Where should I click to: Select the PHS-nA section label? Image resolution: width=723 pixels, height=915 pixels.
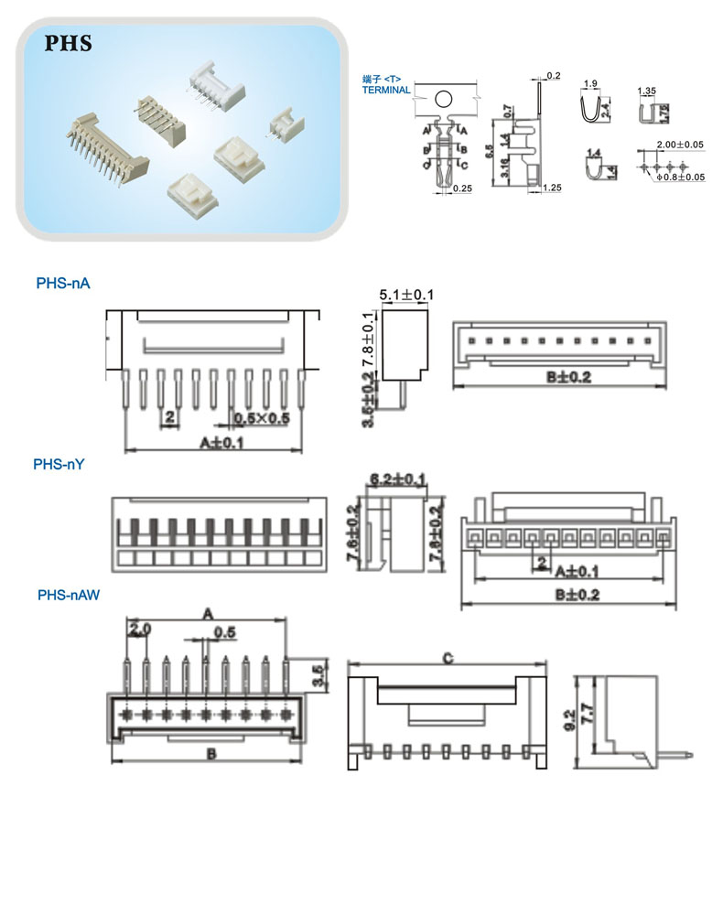63,284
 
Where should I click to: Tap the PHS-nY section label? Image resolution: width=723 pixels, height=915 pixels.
59,464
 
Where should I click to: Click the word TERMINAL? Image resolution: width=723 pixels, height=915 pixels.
386,91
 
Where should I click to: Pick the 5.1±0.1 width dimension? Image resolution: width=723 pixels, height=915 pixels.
405,295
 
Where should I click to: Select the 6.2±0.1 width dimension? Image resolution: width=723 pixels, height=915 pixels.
396,479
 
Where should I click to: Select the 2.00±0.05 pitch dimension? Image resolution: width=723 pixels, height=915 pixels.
680,145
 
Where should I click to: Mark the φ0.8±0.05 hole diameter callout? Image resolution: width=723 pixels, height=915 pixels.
682,177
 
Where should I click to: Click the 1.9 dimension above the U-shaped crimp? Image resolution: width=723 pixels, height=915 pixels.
590,84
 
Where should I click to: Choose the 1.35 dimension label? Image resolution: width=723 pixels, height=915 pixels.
646,91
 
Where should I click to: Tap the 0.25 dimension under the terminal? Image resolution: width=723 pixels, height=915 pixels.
462,188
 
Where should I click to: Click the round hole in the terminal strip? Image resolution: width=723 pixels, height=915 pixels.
444,99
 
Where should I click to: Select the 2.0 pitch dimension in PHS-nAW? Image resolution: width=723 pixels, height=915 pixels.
139,629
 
